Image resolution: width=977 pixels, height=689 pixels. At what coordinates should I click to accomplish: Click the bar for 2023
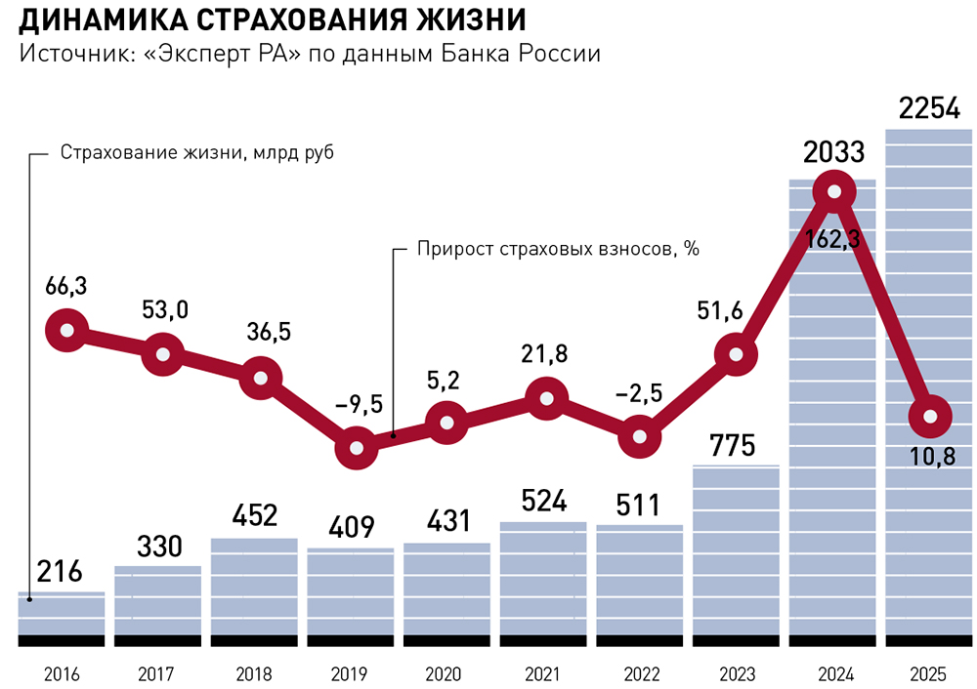[x=736, y=550]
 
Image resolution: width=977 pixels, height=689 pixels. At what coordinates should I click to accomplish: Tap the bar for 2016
[x=61, y=614]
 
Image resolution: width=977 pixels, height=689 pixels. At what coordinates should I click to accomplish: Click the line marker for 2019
[x=357, y=448]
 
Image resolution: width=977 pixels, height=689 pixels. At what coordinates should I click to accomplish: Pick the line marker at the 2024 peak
[x=834, y=192]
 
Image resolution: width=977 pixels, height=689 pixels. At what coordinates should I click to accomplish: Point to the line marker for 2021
[x=546, y=398]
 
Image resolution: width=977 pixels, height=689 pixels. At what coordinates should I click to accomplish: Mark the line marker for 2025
[x=930, y=417]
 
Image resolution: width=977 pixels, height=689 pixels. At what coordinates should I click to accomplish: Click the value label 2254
[x=929, y=109]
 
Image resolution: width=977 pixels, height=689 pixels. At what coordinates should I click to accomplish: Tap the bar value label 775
[x=732, y=446]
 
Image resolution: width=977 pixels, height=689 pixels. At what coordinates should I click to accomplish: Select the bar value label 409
[x=352, y=527]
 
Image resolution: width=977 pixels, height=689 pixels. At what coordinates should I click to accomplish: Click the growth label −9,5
[x=360, y=405]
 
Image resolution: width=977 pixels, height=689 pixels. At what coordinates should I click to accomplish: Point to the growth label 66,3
[x=66, y=286]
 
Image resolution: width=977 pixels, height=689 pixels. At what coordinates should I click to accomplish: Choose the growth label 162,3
[x=832, y=239]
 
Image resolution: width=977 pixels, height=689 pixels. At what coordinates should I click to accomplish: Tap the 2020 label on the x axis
[x=443, y=674]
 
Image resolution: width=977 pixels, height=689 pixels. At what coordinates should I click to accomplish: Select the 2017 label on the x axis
[x=155, y=674]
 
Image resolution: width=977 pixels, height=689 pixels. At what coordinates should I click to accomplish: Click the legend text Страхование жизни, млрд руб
[x=197, y=153]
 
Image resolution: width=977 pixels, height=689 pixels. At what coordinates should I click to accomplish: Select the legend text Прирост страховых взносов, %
[x=558, y=249]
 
